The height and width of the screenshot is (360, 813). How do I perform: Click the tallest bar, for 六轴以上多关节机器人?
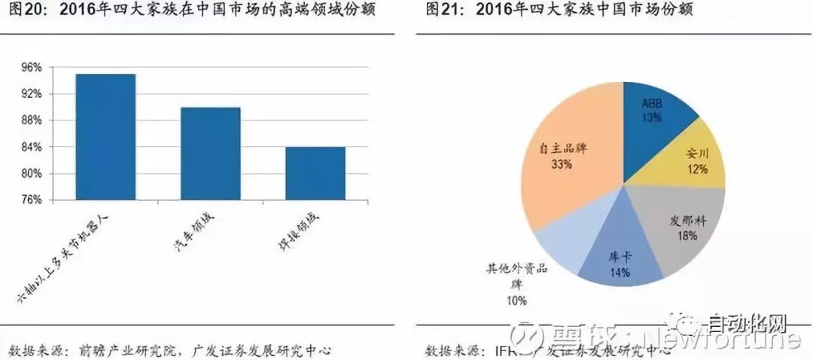(x=105, y=136)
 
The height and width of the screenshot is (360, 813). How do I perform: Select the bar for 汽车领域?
(x=210, y=154)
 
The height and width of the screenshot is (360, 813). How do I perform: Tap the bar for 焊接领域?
(x=315, y=173)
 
